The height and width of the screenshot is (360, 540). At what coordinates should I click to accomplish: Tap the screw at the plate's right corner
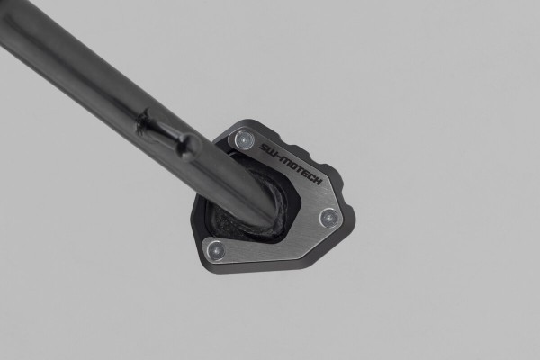coord(328,217)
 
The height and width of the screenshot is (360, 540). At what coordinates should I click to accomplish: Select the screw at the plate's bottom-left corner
coord(216,250)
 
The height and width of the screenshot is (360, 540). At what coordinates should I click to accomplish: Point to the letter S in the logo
coord(262,142)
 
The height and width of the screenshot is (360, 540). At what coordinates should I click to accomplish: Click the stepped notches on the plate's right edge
coord(337,184)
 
